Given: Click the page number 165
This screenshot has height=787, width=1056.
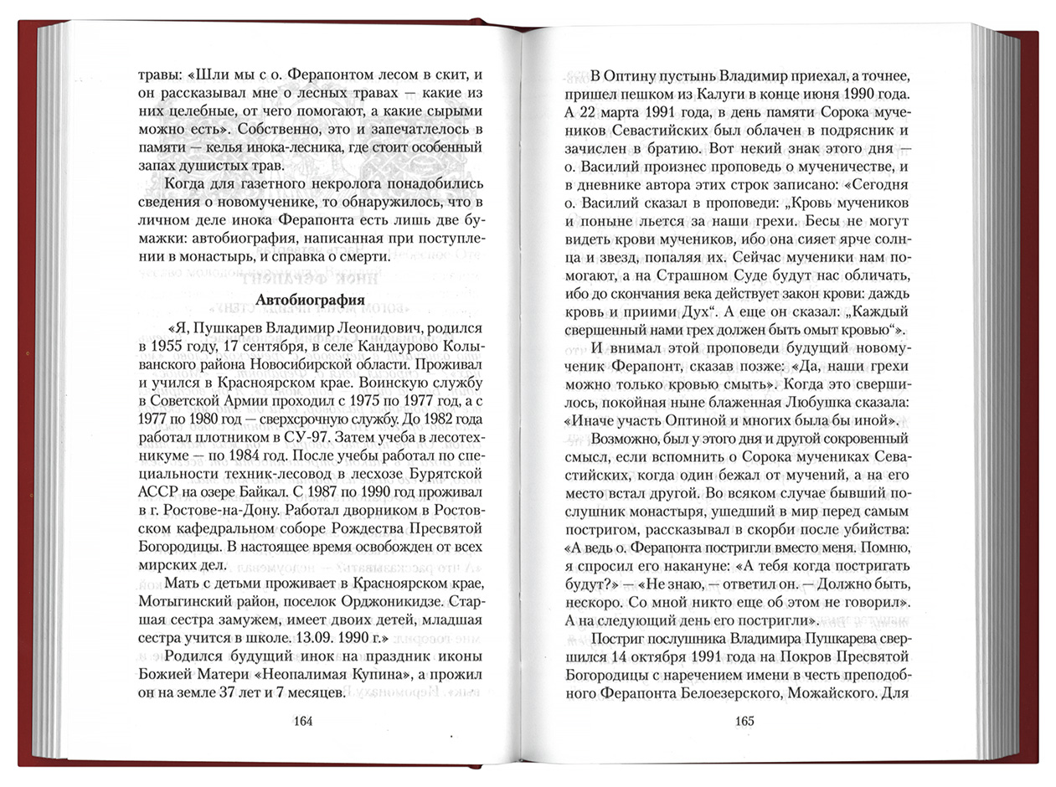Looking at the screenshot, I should point(744,722).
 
